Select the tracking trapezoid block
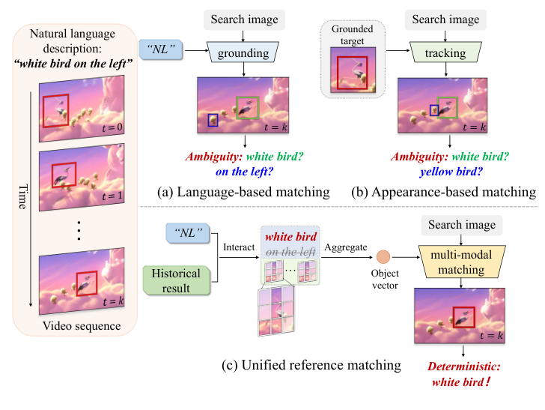(446, 54)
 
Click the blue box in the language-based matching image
(213, 120)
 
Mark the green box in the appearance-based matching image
(447, 107)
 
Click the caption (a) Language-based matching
(243, 193)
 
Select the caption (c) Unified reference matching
(311, 366)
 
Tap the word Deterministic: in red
(460, 367)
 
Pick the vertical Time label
(22, 193)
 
